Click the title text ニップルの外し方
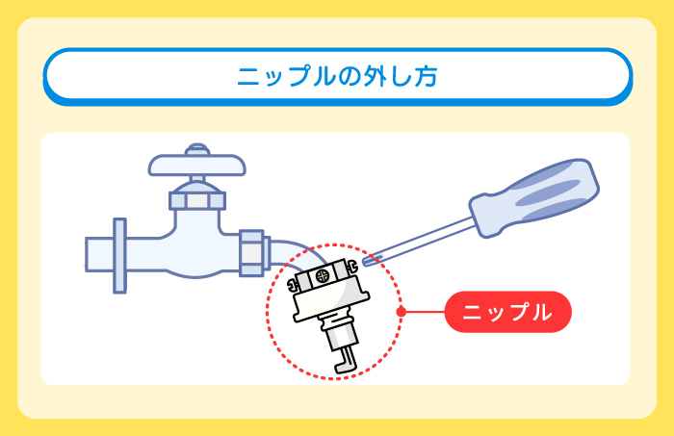point(337,76)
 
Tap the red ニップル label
point(507,312)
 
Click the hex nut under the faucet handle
point(197,200)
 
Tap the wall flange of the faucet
point(119,254)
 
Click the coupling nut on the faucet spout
point(251,249)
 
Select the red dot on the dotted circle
point(400,312)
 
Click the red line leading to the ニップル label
point(424,312)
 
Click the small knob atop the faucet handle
point(197,149)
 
